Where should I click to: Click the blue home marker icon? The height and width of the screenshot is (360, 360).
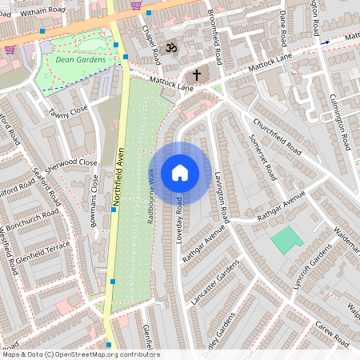click(180, 173)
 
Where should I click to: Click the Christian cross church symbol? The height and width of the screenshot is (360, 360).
click(197, 74)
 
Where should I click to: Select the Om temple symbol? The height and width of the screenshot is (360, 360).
click(170, 49)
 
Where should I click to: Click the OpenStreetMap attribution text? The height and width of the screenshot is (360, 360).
click(80, 354)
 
